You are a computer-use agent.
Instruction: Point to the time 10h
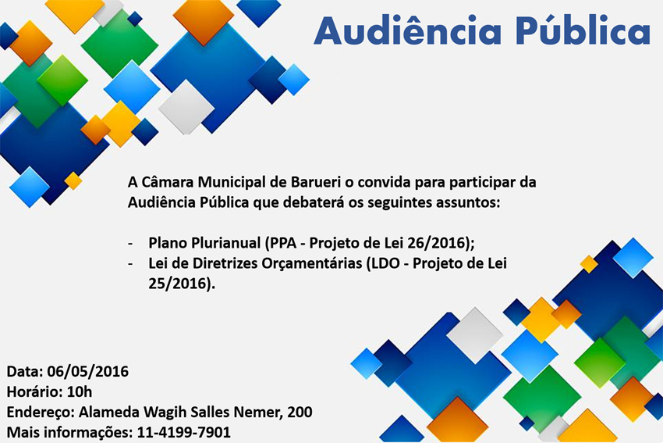coord(79,391)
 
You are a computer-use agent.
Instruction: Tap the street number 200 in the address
coord(300,412)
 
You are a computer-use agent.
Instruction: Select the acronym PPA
coord(285,242)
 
